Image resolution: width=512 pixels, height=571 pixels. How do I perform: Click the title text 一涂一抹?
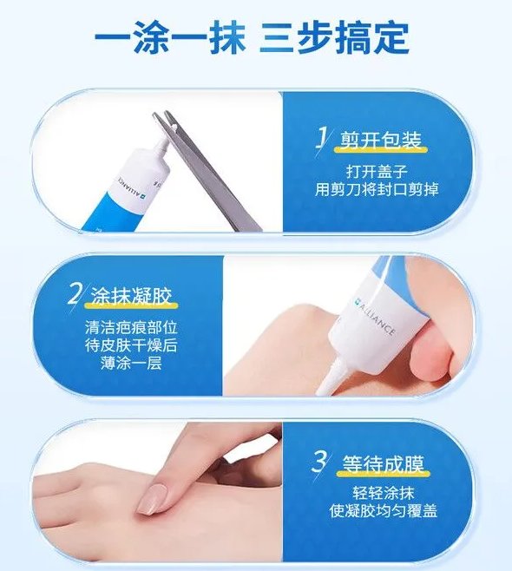(x=170, y=36)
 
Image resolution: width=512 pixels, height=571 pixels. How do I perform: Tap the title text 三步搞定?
(x=334, y=36)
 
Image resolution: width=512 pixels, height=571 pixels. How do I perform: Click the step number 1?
(x=322, y=138)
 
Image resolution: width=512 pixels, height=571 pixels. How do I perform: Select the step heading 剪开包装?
(x=381, y=141)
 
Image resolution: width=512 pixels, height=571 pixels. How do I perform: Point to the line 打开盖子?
(x=377, y=171)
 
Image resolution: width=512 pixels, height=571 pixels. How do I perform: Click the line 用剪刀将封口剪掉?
(x=377, y=189)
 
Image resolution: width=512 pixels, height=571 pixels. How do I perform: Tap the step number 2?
(x=75, y=294)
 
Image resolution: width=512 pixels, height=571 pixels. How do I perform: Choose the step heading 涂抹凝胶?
(x=131, y=296)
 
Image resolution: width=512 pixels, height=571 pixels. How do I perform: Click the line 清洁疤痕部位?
(x=131, y=327)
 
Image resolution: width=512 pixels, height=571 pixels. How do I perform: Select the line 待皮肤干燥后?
(x=131, y=345)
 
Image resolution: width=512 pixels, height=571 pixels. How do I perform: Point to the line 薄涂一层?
(x=131, y=364)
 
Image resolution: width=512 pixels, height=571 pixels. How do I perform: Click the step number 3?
(x=319, y=463)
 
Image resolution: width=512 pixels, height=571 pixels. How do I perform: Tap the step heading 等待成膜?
(x=383, y=464)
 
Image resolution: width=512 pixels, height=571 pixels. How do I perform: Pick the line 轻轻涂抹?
(x=383, y=493)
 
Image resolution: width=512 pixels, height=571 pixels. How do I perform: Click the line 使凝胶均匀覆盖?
(x=383, y=511)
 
